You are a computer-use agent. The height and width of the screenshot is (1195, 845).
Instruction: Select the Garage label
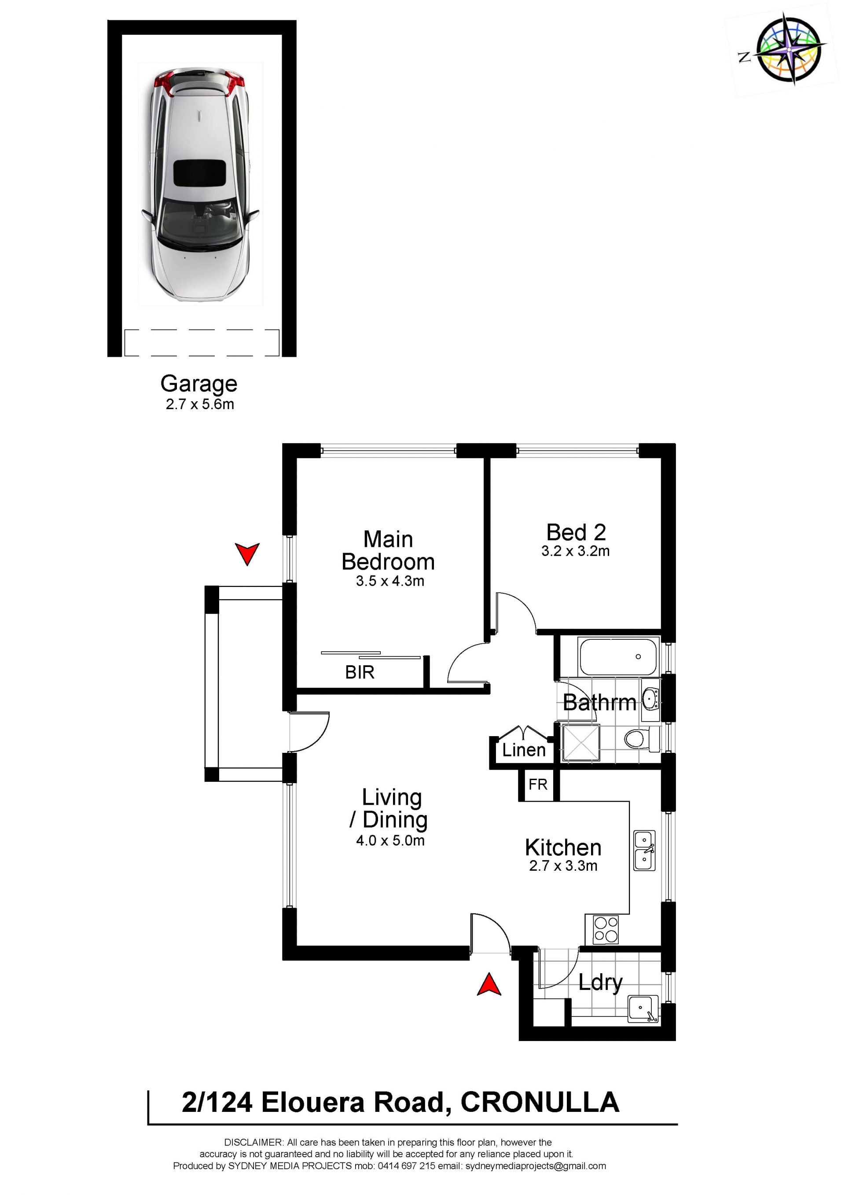click(x=199, y=384)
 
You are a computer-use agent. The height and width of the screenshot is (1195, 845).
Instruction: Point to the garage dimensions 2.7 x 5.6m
click(x=200, y=404)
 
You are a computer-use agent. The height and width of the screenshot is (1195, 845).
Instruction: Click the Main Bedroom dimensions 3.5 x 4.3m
click(x=390, y=581)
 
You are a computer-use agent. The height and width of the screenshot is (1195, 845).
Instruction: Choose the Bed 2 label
click(x=576, y=532)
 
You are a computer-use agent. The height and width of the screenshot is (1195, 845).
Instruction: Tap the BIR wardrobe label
click(x=360, y=672)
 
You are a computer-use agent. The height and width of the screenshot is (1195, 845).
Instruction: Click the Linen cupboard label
click(x=524, y=750)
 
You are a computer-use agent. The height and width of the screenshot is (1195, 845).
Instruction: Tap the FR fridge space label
click(x=538, y=784)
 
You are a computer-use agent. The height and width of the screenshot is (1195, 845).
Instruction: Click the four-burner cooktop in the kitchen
click(x=606, y=930)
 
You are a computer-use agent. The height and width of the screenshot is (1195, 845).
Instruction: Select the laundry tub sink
click(x=643, y=1009)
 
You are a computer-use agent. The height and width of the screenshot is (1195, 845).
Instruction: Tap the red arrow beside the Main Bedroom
click(x=247, y=554)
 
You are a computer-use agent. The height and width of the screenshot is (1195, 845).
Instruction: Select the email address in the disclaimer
click(x=536, y=1166)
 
